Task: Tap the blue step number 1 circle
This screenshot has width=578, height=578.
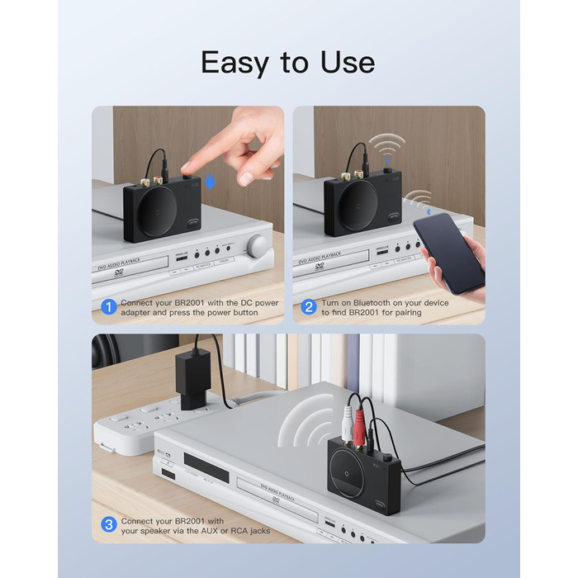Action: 108,306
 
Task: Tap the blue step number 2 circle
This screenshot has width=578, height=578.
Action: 309,306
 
